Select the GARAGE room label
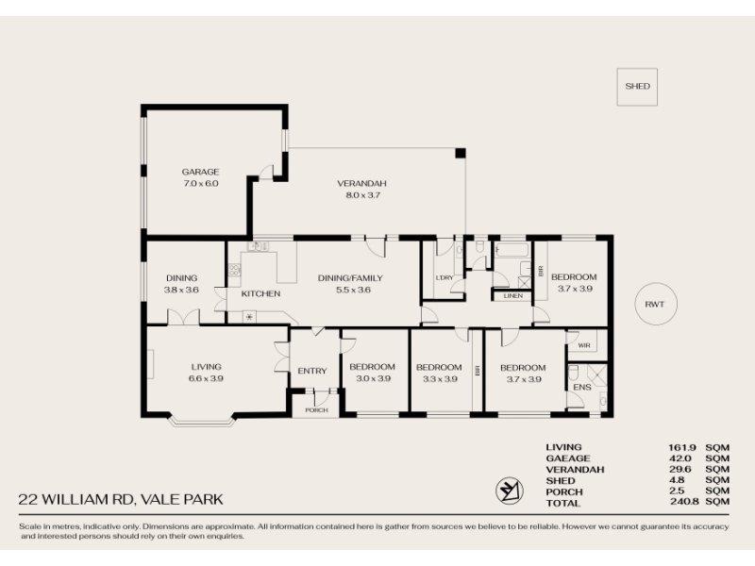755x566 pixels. point(200,172)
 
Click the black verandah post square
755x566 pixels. point(461,153)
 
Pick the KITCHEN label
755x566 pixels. point(260,293)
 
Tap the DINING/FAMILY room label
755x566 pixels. point(350,278)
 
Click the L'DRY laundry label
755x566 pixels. point(444,277)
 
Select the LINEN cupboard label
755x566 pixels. point(512,295)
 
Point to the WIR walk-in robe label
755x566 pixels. point(583,345)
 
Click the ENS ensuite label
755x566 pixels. point(582,387)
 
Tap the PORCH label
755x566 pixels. point(316,410)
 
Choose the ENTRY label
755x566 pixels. point(312,371)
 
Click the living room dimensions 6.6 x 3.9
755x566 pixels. point(206,378)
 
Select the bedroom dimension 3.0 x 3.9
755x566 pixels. point(373,378)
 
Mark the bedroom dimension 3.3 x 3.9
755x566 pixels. point(440,379)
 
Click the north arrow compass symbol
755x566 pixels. point(510,491)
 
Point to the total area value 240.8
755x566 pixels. point(683,502)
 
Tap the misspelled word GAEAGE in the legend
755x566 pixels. point(568,458)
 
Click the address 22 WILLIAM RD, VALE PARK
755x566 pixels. point(121,500)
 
